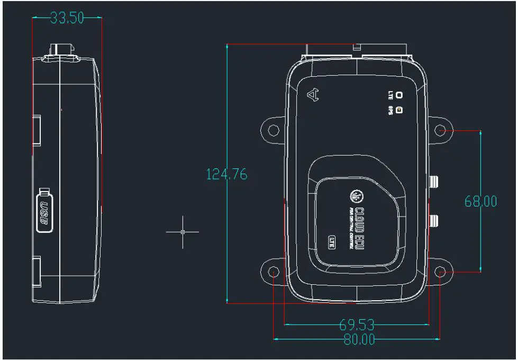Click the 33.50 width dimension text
(x=67, y=18)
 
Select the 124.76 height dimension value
(x=226, y=174)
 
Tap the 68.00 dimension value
(x=480, y=201)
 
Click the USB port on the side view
(x=45, y=211)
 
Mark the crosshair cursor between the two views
(x=183, y=232)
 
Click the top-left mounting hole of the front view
(x=273, y=130)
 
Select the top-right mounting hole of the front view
(x=440, y=130)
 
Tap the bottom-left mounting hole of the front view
(x=273, y=272)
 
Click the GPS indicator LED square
(x=399, y=110)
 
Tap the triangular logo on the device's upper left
(x=314, y=95)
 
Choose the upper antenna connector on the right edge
(x=435, y=183)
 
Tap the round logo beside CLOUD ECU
(x=356, y=196)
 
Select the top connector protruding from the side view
(x=60, y=51)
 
